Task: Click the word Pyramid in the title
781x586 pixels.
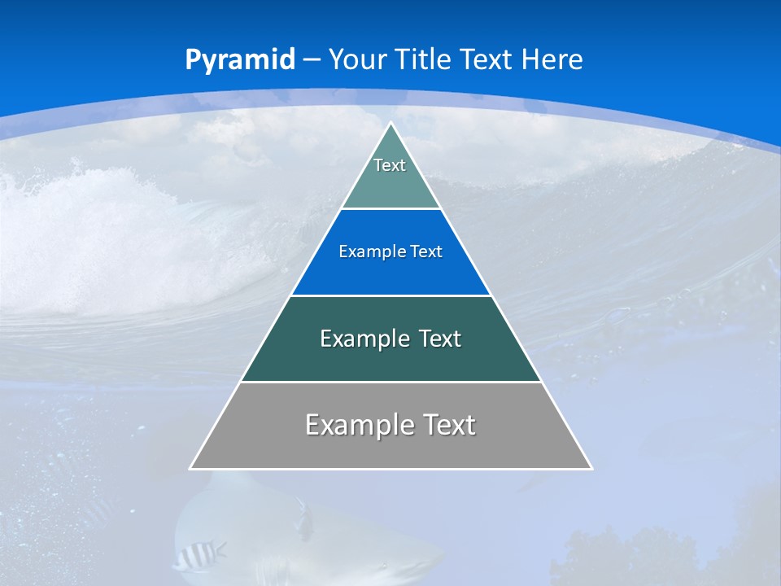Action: pyautogui.click(x=239, y=60)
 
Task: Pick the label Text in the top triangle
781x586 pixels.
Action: pyautogui.click(x=390, y=165)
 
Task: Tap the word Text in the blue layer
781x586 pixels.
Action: pyautogui.click(x=426, y=252)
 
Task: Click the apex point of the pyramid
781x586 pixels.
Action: pyautogui.click(x=391, y=124)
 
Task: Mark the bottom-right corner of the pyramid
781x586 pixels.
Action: pyautogui.click(x=591, y=468)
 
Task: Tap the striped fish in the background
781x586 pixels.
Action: pyautogui.click(x=199, y=555)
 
